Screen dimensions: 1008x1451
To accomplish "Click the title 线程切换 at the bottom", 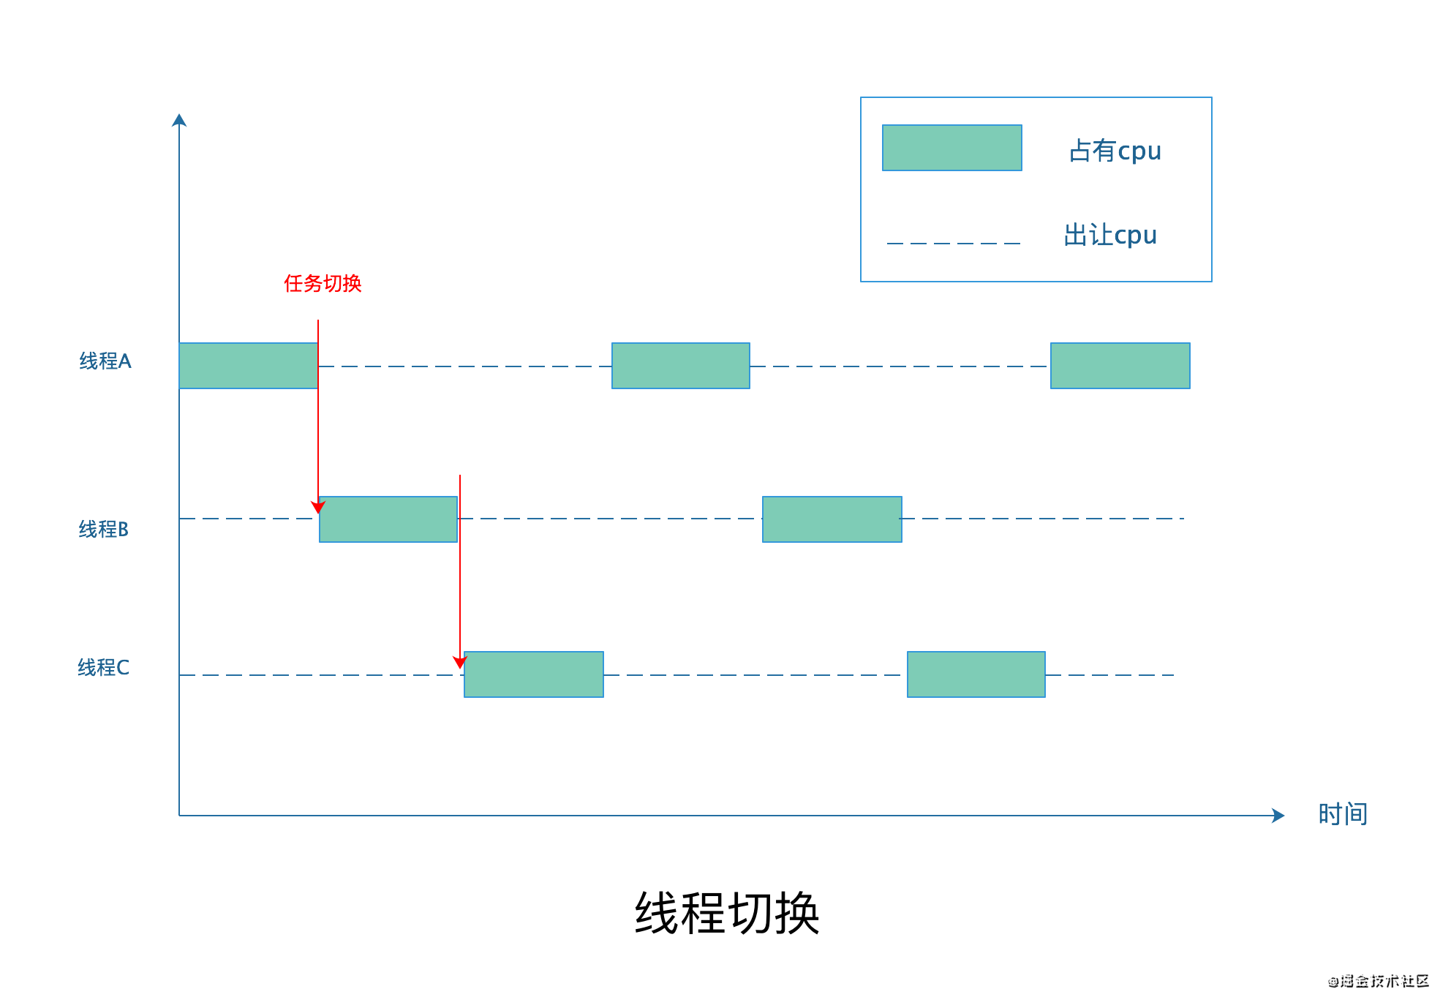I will coord(726,913).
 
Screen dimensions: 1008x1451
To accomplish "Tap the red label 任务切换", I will coord(323,283).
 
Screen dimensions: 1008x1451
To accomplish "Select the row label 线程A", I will coord(105,361).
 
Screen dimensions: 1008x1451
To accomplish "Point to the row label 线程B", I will coord(104,529).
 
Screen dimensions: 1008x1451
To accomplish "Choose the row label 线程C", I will coord(104,667).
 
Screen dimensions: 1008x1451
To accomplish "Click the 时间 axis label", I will coord(1342,813).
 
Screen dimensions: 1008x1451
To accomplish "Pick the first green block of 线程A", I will coord(248,366).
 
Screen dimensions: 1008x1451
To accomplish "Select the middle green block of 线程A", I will coord(680,366).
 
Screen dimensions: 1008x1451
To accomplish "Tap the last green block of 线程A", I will coord(1120,366).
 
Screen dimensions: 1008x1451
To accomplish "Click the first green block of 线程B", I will coord(388,519).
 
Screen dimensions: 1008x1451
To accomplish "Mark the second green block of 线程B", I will coord(832,519).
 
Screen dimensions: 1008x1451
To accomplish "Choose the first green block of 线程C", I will coord(533,674).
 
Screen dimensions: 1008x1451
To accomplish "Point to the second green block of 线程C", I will coord(976,674).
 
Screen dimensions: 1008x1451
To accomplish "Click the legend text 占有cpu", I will coord(1115,151).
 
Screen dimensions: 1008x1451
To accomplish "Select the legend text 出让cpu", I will coord(1110,235).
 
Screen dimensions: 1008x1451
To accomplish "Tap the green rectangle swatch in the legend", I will coord(951,148).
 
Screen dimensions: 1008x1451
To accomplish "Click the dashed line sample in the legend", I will coord(953,243).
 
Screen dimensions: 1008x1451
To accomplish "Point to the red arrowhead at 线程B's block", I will coord(318,507).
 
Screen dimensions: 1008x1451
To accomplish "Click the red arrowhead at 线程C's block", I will coord(459,662).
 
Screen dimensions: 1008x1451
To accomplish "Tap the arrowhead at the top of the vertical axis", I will coord(179,120).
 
